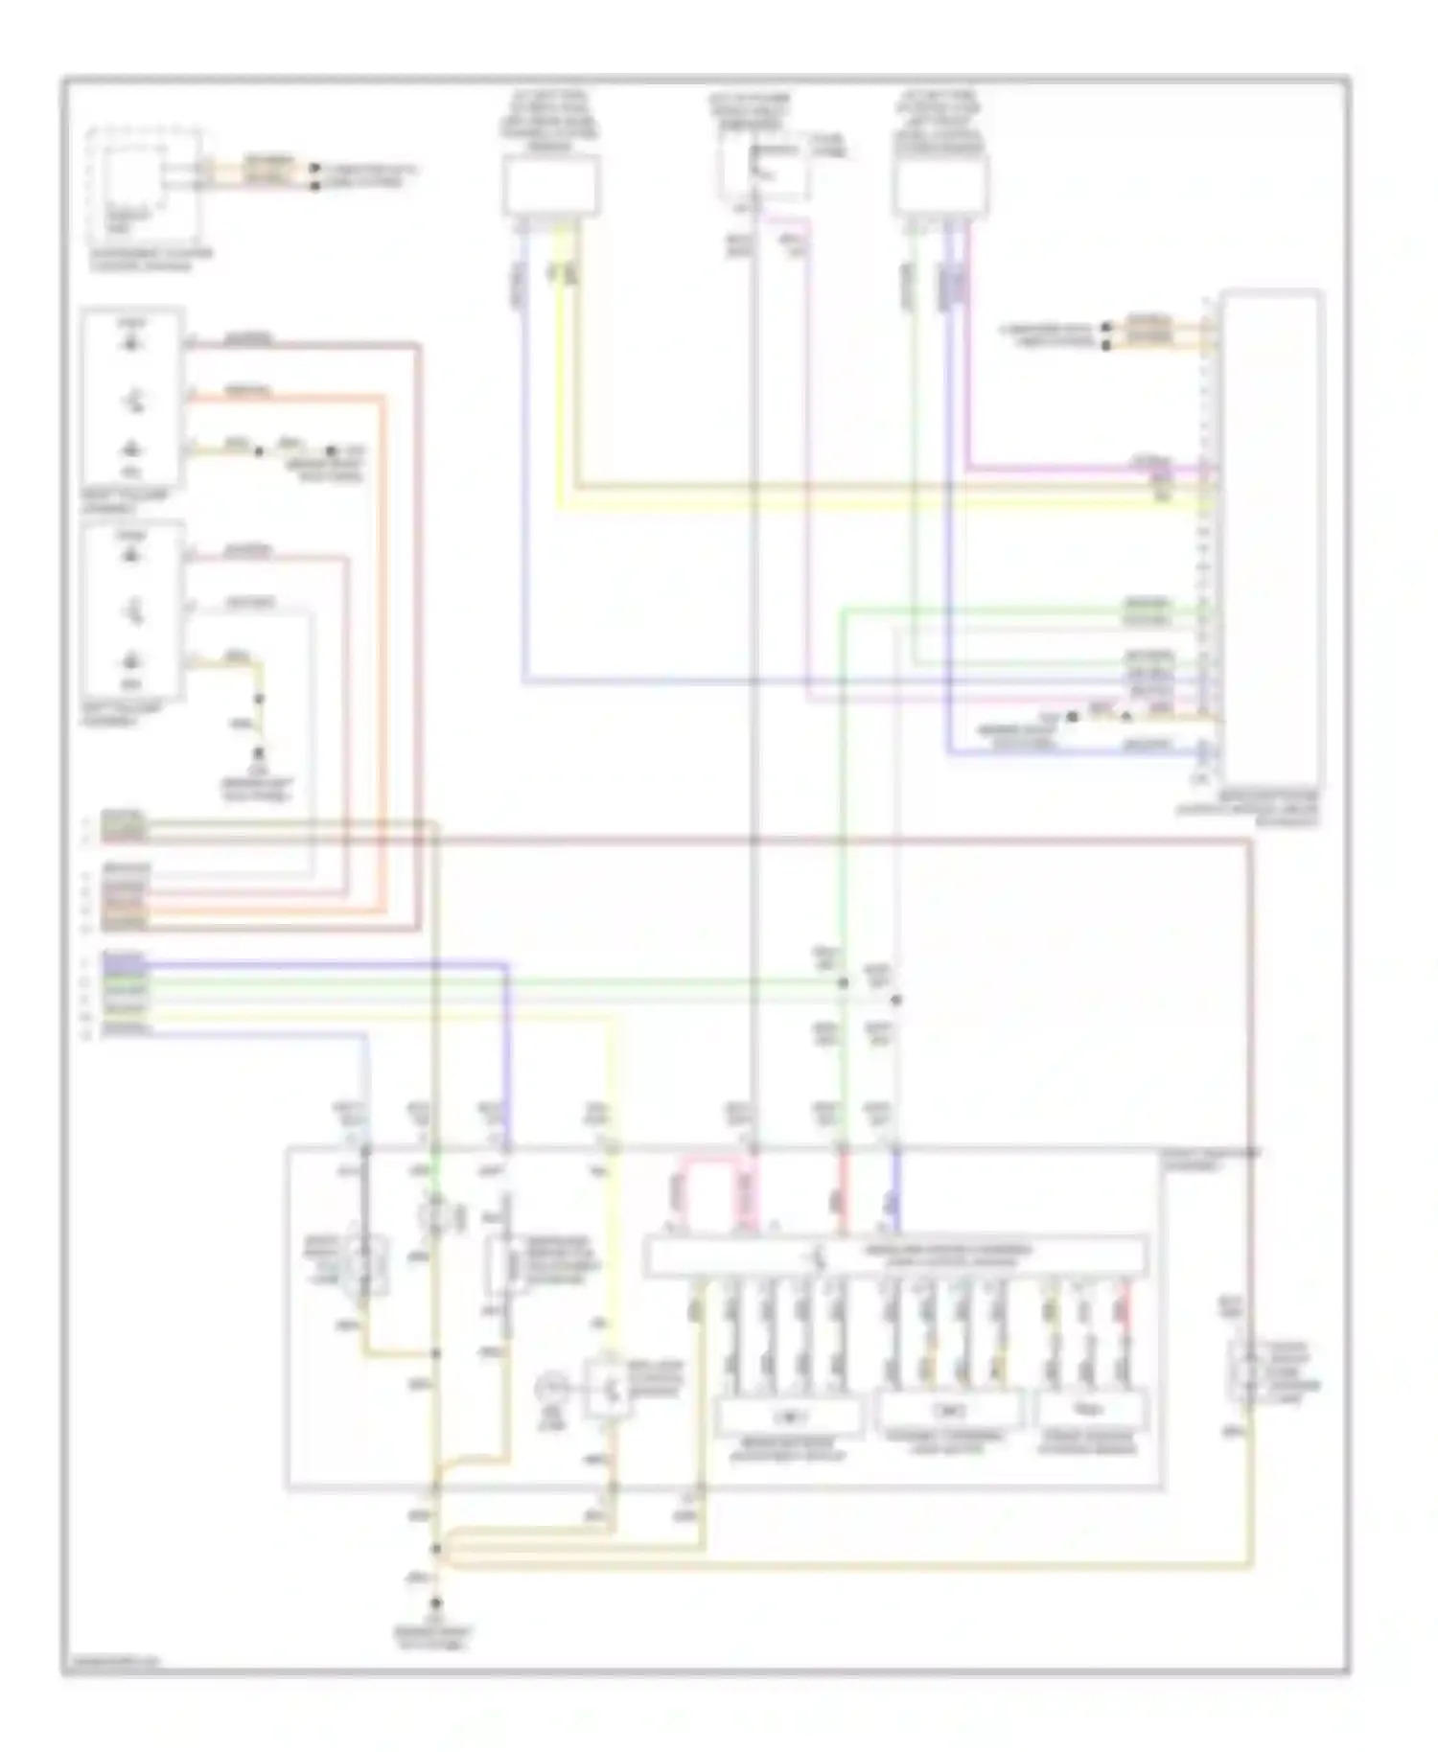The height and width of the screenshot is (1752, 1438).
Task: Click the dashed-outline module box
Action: [144, 186]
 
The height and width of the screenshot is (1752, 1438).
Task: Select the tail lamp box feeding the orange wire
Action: [132, 397]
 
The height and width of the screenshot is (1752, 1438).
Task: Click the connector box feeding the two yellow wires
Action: [551, 186]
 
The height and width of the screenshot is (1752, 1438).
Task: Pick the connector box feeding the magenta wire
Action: [940, 186]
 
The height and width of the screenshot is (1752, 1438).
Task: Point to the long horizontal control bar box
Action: [894, 1256]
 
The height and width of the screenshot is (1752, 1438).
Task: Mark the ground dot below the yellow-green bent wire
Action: [257, 754]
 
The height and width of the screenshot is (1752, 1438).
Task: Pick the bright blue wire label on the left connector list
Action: [125, 958]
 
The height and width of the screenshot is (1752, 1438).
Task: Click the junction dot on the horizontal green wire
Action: [843, 982]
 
